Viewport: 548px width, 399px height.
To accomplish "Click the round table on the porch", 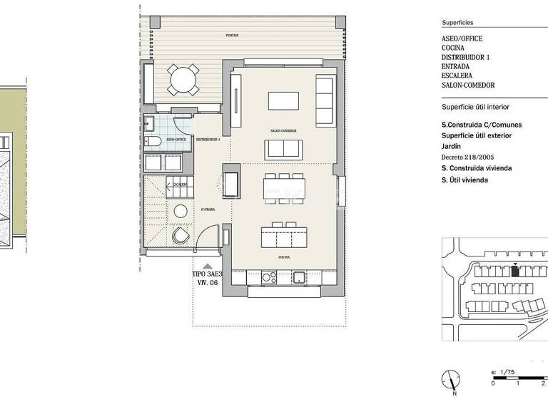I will click(184, 79).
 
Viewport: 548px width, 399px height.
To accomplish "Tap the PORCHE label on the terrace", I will click(232, 35).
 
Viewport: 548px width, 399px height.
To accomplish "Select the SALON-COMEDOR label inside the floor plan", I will click(283, 131).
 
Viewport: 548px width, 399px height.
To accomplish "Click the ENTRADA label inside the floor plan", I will click(208, 209).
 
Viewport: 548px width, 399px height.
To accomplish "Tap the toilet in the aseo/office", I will click(151, 142).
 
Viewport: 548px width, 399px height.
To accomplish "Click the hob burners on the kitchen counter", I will click(268, 276).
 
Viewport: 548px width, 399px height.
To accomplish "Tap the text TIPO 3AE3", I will click(208, 274).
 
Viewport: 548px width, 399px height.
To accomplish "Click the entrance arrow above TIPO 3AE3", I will click(208, 266).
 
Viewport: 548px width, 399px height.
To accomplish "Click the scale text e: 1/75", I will click(503, 373).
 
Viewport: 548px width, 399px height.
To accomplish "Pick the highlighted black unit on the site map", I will click(515, 269).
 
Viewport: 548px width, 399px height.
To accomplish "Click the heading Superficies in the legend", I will click(457, 23).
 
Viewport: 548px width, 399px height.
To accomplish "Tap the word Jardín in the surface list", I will click(452, 145).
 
